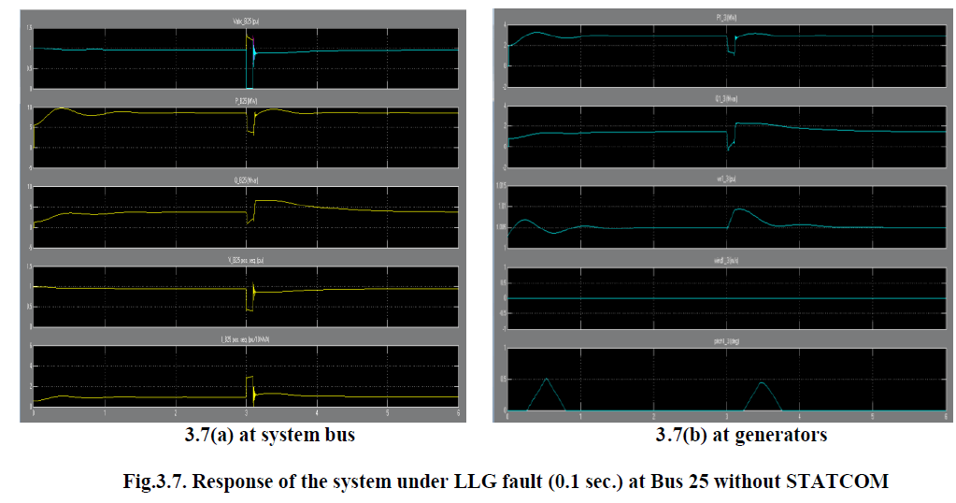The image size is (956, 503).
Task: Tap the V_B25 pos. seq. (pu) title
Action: pos(247,258)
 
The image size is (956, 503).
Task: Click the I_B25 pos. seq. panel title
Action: pos(247,338)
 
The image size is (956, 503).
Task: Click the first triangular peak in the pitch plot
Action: pos(548,379)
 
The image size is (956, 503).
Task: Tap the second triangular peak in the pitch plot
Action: pos(762,381)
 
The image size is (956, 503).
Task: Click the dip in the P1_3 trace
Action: pos(731,55)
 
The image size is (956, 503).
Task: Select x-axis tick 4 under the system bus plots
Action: pos(318,412)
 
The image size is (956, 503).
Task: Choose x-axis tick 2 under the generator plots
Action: pos(653,418)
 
